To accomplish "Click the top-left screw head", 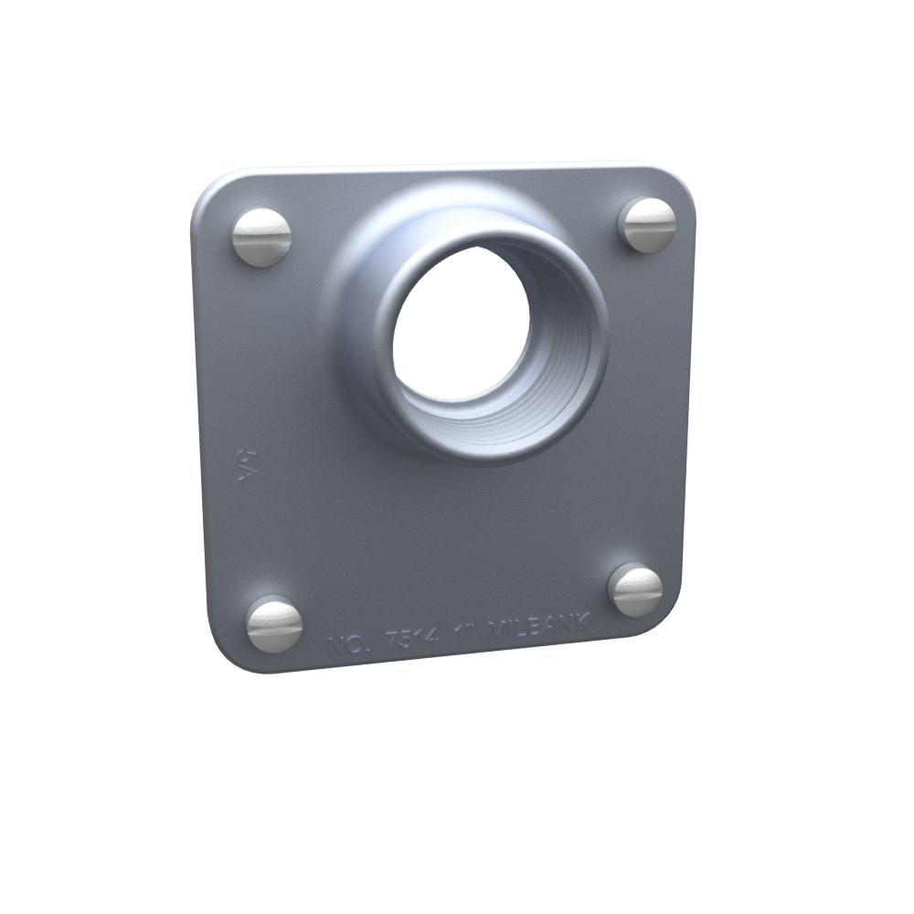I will [x=261, y=237].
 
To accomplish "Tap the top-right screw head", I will [x=647, y=225].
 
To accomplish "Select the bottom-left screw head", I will [x=274, y=624].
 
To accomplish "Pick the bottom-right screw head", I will [x=635, y=590].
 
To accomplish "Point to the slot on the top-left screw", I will [x=261, y=237].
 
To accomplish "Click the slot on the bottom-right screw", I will [x=636, y=590].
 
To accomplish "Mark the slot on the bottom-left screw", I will [x=274, y=625].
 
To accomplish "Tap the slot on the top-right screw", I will [x=648, y=225].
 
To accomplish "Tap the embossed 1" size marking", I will [x=467, y=636].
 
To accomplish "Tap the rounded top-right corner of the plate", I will [x=680, y=183].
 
